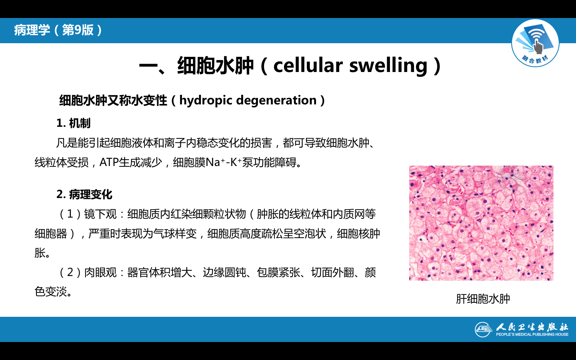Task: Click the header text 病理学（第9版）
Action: [58, 30]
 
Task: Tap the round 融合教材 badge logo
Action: [535, 43]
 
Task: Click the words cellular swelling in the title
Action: [350, 66]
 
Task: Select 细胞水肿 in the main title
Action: [216, 66]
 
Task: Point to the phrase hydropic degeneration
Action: [248, 100]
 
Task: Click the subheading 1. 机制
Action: [74, 123]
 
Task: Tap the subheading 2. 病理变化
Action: [84, 194]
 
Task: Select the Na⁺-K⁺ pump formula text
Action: [224, 162]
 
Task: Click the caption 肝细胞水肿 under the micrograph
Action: [483, 299]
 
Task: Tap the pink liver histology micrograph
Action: [481, 223]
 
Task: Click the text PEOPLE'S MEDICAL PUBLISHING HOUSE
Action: [532, 334]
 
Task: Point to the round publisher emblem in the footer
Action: [484, 330]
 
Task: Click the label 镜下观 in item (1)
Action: [100, 214]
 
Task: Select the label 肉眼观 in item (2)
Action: [100, 272]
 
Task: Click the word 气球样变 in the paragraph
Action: [175, 234]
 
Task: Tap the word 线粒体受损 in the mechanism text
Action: [62, 162]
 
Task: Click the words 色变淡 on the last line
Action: [51, 292]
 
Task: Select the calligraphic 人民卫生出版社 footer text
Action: [532, 327]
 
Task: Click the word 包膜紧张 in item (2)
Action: [278, 272]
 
